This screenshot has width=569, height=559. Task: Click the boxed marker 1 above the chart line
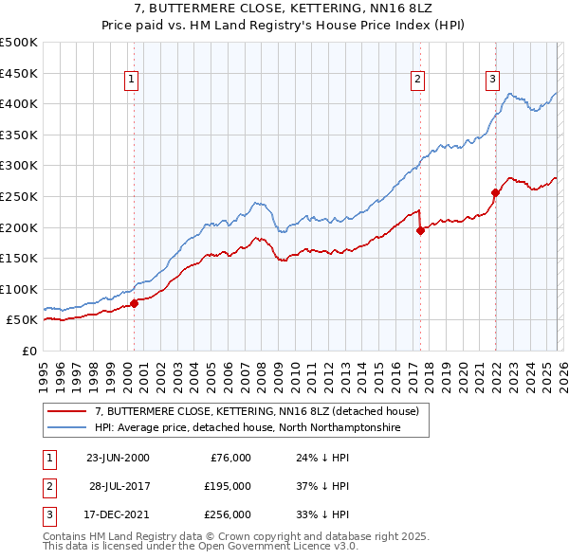point(131,81)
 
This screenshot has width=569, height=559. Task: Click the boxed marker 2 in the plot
point(417,81)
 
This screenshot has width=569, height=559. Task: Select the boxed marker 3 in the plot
point(493,81)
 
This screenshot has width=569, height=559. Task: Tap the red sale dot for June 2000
point(134,303)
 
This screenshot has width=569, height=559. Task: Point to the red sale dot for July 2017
point(420,229)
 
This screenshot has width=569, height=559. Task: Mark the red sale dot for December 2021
point(495,192)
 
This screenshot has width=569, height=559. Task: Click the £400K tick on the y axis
point(19,103)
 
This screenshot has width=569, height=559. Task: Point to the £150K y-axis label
point(19,258)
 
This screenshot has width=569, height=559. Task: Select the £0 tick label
point(29,351)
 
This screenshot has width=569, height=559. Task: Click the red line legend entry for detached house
point(262,411)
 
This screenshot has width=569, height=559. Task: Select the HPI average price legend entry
point(248,428)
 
